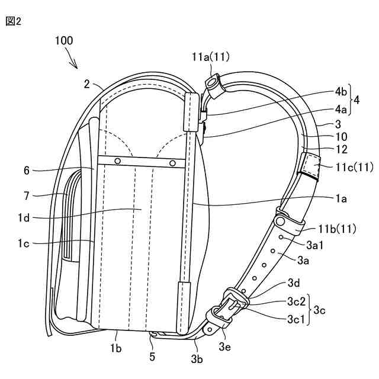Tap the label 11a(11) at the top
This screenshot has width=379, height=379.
pos(211,57)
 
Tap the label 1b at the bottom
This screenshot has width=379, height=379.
pos(117,350)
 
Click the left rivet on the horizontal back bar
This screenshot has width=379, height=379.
pos(118,161)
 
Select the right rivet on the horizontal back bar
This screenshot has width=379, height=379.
pos(172,162)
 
